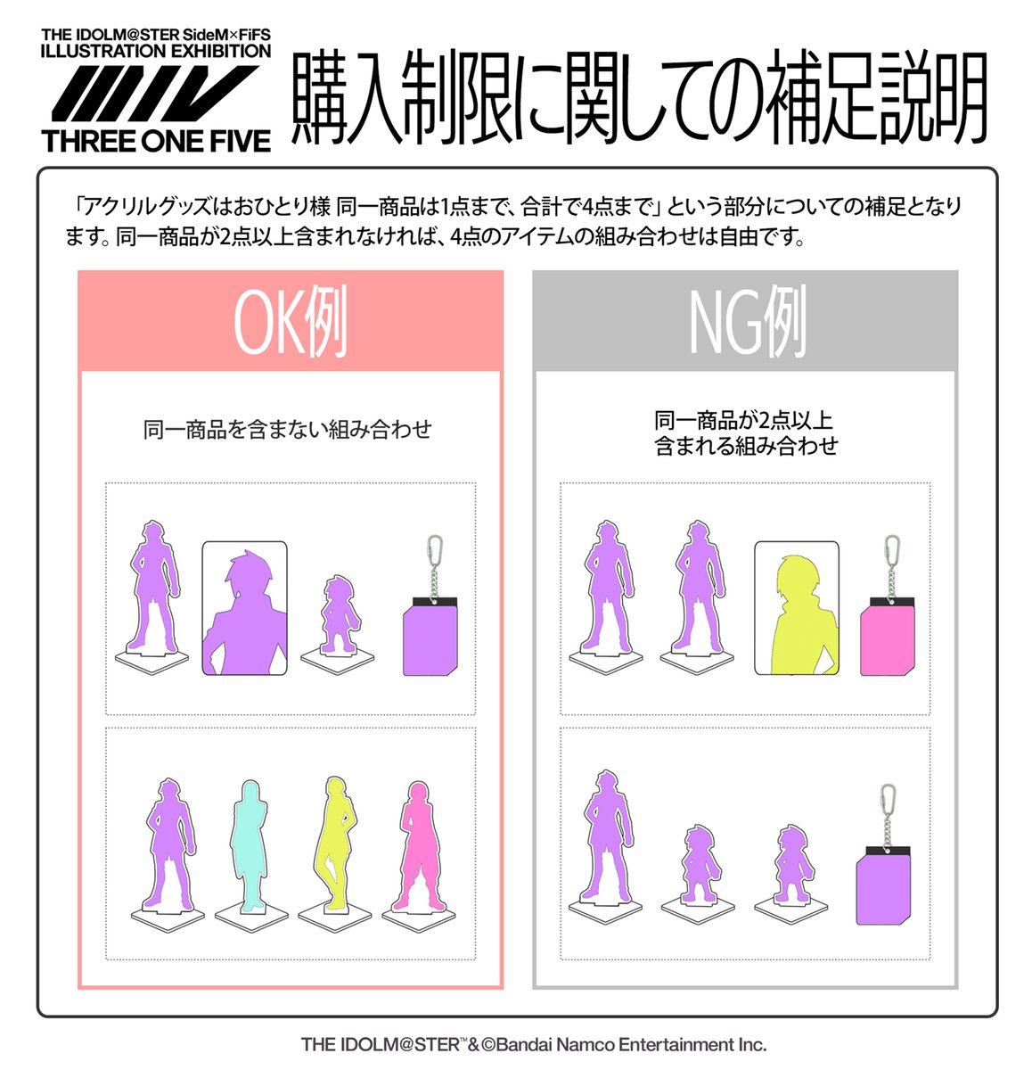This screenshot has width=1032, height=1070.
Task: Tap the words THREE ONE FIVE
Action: tap(156, 141)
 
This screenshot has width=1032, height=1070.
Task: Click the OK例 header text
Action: tap(291, 323)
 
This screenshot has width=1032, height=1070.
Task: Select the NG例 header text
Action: tap(747, 323)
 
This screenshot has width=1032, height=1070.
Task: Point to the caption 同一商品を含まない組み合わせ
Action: tap(288, 430)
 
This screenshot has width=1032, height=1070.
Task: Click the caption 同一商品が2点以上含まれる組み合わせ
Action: tap(745, 433)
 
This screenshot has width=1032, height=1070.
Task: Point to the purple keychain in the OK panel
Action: tap(430, 638)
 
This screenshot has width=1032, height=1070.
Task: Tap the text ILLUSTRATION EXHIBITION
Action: tap(156, 52)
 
